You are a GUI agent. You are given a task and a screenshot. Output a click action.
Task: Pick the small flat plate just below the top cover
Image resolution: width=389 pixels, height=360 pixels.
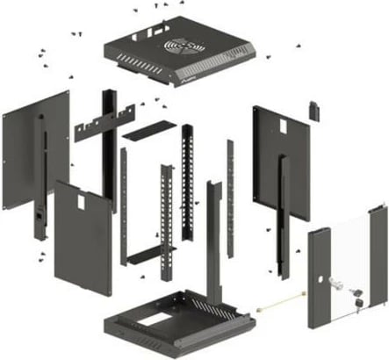(144, 132)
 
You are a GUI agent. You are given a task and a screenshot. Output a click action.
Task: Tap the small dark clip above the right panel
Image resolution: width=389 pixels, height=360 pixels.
(313, 111)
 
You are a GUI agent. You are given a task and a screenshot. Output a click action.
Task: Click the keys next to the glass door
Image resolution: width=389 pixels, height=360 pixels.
(358, 293)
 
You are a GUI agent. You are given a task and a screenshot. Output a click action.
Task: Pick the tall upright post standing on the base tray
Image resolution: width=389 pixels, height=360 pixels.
(213, 246)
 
